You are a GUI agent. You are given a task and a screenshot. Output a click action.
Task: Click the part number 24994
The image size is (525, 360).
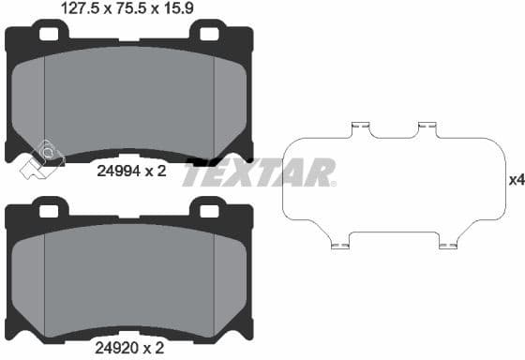[x=118, y=171]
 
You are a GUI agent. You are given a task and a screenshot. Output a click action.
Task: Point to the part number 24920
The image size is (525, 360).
[x=118, y=349]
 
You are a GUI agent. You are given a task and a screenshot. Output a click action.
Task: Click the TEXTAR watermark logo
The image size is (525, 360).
[x=258, y=173]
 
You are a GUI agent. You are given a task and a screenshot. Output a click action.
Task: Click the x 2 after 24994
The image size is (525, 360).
[x=157, y=171]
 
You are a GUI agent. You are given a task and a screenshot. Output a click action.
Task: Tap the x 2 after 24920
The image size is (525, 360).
[x=157, y=349]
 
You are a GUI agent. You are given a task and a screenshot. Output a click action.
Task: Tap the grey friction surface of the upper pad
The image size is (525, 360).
[x=129, y=98]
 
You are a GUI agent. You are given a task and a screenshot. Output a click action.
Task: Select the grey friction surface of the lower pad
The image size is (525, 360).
[x=129, y=277]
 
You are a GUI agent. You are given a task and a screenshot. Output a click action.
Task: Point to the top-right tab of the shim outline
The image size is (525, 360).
[x=428, y=127]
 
